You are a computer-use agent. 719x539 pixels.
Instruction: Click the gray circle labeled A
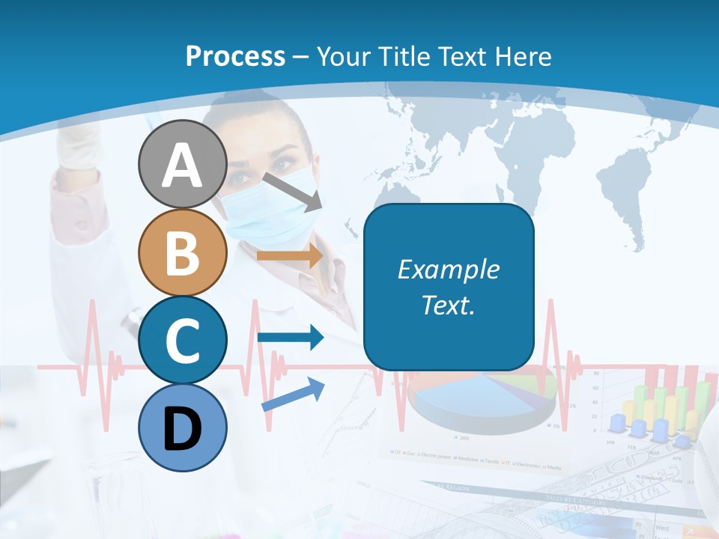(x=182, y=165)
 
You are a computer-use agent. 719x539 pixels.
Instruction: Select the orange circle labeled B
(x=182, y=253)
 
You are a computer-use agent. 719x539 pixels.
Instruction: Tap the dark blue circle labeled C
(x=182, y=341)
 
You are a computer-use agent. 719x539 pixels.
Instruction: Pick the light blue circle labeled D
(x=182, y=427)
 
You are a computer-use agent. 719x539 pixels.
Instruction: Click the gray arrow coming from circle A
(x=292, y=191)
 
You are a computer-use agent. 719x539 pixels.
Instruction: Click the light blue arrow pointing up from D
(x=293, y=394)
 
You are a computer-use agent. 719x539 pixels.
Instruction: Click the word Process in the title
(x=235, y=57)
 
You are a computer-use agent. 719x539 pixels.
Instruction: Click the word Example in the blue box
(x=448, y=269)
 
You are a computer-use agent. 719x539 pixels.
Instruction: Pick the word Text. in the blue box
(x=448, y=305)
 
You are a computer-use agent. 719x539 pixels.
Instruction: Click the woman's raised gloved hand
(x=79, y=146)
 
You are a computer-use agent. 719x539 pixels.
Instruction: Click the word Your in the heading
(x=344, y=57)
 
